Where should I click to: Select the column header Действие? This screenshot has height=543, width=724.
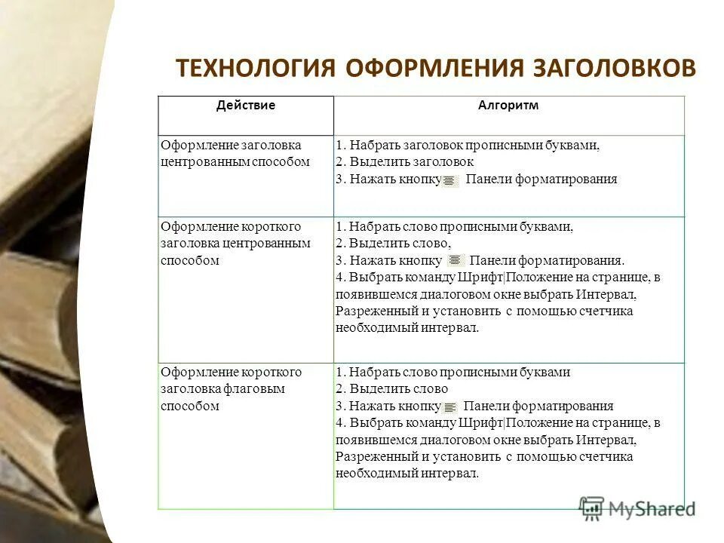coord(245,106)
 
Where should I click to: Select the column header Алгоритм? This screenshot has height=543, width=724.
coord(508,106)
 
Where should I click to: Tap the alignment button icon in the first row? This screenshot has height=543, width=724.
coord(450,180)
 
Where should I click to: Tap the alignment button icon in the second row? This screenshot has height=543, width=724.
coord(457,261)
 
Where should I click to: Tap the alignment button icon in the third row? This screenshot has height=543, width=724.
coord(451,406)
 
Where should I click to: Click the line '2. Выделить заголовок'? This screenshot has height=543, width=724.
coord(404,161)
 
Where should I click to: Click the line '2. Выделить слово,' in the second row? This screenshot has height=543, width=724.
coord(393,243)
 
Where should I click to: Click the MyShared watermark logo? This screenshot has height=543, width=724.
coord(637,508)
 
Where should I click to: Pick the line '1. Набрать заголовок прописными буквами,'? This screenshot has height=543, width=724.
coord(468,145)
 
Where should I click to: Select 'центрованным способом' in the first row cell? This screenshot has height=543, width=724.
coord(235,161)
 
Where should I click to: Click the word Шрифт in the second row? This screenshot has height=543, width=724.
coord(485,277)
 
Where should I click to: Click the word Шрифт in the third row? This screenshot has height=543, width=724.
coord(485,422)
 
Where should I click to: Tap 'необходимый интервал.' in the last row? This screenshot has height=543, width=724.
coord(406,473)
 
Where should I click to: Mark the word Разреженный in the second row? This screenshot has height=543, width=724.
coord(370,311)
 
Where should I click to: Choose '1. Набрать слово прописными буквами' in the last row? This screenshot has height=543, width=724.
coord(452,373)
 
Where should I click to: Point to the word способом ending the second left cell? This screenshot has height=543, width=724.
coord(189,260)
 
